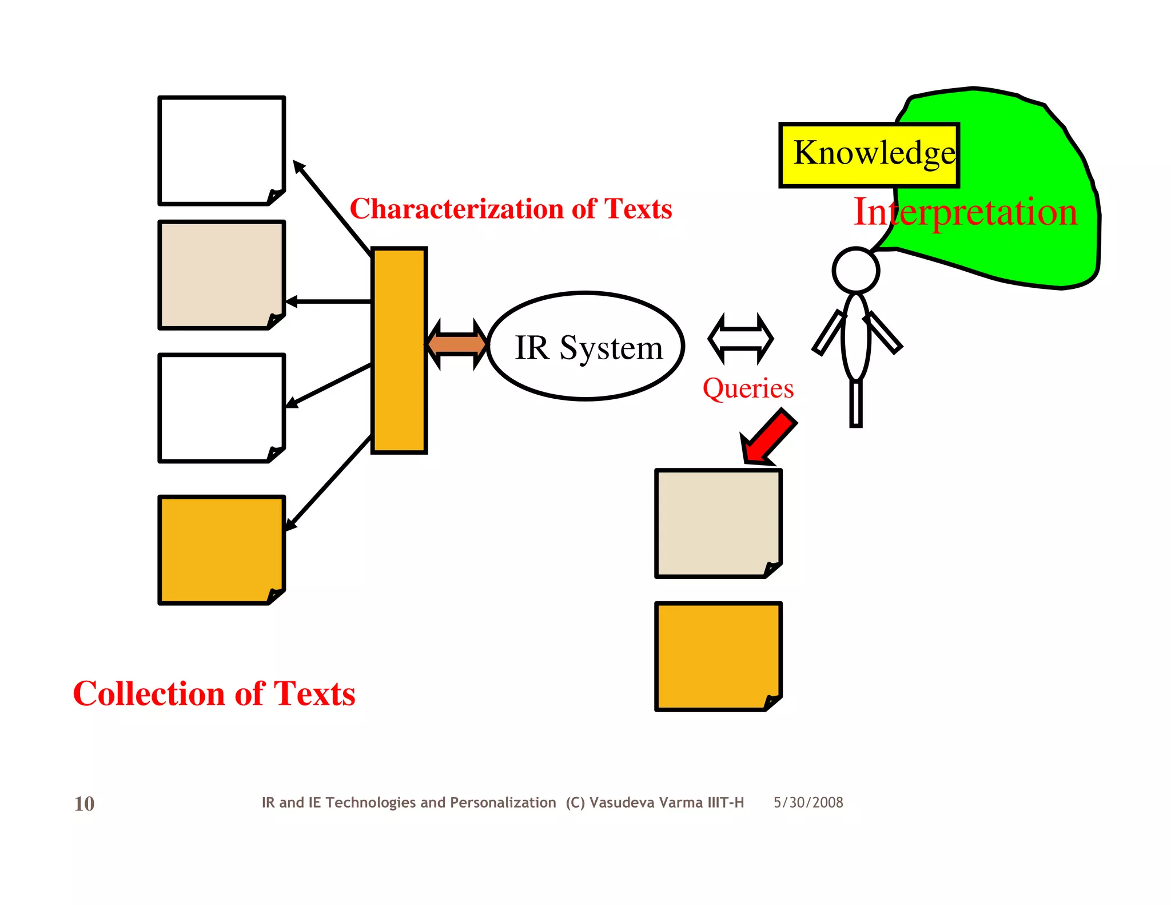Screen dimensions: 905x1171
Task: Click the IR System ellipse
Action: tap(586, 347)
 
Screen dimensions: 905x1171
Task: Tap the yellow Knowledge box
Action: tap(869, 154)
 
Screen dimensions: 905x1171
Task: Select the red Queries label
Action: tap(748, 388)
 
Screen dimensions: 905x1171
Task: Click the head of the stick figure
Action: tap(855, 271)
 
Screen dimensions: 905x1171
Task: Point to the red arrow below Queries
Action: tap(769, 438)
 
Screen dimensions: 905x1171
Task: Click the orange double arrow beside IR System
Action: tap(457, 344)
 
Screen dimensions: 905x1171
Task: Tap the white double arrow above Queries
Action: tap(740, 339)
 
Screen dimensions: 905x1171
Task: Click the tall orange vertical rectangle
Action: tap(399, 350)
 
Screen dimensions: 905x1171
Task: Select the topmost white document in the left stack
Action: tap(221, 150)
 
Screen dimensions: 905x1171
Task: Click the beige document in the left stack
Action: tap(221, 275)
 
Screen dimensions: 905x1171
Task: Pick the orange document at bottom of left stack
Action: tap(221, 550)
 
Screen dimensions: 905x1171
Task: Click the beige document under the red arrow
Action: tap(718, 523)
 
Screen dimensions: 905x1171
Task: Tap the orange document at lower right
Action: tap(718, 656)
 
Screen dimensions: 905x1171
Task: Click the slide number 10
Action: tap(84, 804)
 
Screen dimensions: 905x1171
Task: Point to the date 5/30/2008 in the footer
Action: tap(808, 803)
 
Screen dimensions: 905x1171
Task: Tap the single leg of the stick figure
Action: tap(855, 403)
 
